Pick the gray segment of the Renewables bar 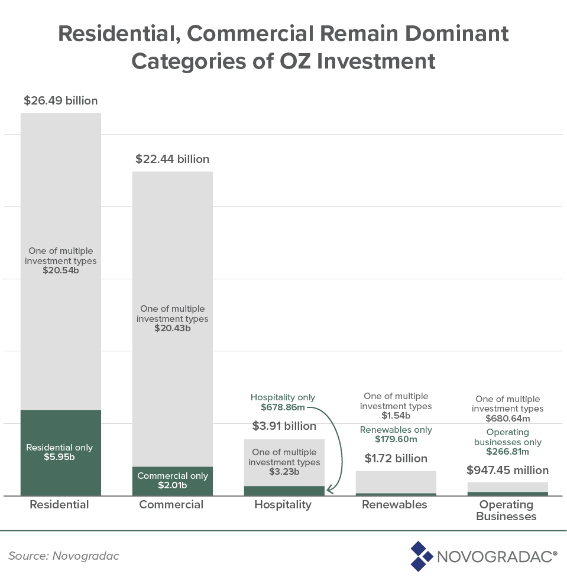396,482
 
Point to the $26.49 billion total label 61,100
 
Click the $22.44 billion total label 172,159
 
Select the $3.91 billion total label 284,426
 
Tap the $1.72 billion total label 396,458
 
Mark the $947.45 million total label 507,471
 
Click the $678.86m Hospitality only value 283,407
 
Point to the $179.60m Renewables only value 396,439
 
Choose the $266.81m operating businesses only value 507,452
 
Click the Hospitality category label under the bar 283,505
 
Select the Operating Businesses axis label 507,511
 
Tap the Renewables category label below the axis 394,505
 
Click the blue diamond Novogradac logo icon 421,556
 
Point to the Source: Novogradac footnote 63,556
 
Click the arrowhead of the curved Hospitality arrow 329,489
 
